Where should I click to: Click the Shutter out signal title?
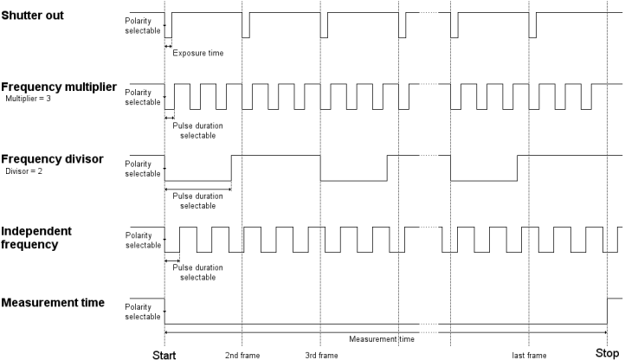coord(32,16)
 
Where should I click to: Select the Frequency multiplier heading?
coord(59,87)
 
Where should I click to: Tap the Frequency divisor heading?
coord(52,159)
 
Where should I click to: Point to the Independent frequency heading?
coord(36,238)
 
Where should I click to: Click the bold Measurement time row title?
coord(53,303)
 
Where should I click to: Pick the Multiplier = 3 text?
coord(29,99)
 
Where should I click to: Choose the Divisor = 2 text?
coord(24,171)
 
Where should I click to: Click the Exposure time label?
coord(198,53)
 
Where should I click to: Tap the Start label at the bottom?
coord(164,355)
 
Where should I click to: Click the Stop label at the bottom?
coord(607,353)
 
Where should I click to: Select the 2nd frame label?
coord(242,355)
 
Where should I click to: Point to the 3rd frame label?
coord(322,355)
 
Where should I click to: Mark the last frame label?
coord(529,355)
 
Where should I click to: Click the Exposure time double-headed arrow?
coord(168,46)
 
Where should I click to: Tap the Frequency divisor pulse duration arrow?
coord(198,189)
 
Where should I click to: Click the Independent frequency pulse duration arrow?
coord(172,260)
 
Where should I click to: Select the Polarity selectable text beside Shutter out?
coord(143,25)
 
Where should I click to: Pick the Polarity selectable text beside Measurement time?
coord(143,312)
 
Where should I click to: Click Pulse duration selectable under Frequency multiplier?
coord(197,131)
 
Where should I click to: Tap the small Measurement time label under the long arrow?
coord(382,339)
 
